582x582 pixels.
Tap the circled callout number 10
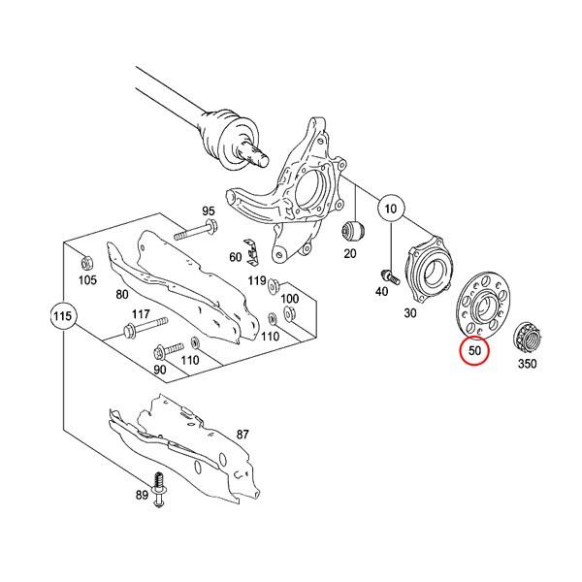click(390, 209)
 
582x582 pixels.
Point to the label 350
click(527, 364)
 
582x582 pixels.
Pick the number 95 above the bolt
click(209, 211)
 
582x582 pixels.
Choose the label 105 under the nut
click(88, 280)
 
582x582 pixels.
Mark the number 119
click(256, 280)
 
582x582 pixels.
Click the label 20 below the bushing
click(350, 254)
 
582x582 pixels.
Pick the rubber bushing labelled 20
click(353, 233)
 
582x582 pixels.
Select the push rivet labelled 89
click(158, 485)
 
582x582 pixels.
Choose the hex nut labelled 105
click(86, 261)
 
